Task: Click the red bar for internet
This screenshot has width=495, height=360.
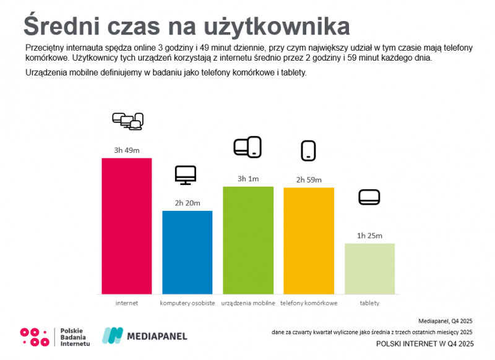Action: click(126, 226)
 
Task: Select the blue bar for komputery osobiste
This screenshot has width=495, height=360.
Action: click(187, 252)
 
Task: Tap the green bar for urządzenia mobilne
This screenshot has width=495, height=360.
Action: click(247, 240)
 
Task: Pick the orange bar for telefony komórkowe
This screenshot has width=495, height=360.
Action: click(308, 241)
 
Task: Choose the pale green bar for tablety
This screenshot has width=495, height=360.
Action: click(369, 268)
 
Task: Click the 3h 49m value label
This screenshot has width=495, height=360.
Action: click(126, 150)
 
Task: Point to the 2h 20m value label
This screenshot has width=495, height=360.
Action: click(187, 203)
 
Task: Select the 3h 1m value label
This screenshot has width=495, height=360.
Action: click(247, 179)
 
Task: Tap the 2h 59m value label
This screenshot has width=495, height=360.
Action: click(308, 179)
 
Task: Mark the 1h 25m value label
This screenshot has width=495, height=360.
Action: click(369, 236)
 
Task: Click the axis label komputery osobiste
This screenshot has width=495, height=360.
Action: click(187, 303)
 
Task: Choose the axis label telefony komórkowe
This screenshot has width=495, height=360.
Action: click(308, 303)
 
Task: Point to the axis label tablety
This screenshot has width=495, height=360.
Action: click(369, 303)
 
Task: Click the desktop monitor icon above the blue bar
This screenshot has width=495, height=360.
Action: click(186, 175)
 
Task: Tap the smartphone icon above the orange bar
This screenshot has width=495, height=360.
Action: click(308, 150)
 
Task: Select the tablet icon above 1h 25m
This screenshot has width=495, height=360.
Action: click(369, 197)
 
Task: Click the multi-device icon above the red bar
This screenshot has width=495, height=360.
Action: click(127, 121)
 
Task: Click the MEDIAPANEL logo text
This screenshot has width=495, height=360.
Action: click(157, 336)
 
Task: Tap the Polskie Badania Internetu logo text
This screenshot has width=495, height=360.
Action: click(75, 336)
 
